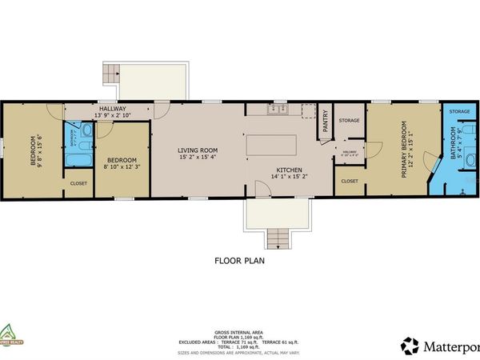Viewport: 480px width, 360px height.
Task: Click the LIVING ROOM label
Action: tap(196, 148)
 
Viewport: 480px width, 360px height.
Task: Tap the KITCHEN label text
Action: tap(288, 170)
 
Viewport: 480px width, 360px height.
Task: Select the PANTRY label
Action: tap(326, 122)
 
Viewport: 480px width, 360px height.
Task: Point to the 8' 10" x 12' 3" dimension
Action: tap(122, 166)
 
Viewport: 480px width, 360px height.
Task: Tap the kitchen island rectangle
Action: tap(271, 146)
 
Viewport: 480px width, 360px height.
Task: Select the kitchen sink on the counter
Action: tap(278, 109)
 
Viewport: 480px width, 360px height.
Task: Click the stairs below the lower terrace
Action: tap(277, 238)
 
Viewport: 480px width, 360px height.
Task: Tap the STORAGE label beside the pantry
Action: tap(350, 120)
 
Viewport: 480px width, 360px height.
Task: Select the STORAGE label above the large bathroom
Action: tap(459, 112)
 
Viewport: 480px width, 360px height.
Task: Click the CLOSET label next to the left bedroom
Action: tap(78, 183)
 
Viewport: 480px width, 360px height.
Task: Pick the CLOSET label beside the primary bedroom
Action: tap(350, 181)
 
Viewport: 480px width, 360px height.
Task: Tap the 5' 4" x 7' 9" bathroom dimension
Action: tap(461, 149)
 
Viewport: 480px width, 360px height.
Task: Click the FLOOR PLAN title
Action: tap(239, 260)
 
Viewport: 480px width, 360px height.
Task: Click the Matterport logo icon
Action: tap(410, 346)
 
